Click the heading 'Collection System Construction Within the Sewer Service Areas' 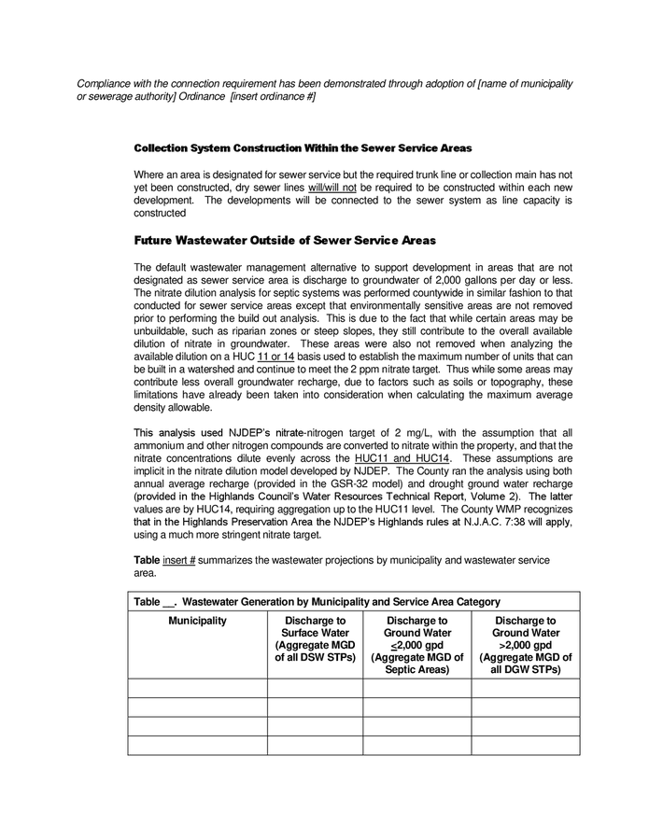pyautogui.click(x=303, y=148)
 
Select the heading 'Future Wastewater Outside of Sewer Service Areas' pyautogui.click(x=285, y=240)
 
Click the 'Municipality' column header pyautogui.click(x=197, y=621)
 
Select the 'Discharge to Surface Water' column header pyautogui.click(x=315, y=639)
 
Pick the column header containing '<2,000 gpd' pyautogui.click(x=416, y=645)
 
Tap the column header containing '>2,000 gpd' pyautogui.click(x=525, y=645)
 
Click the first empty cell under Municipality pyautogui.click(x=197, y=688)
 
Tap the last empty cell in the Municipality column pyautogui.click(x=197, y=745)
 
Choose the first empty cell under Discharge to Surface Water pyautogui.click(x=315, y=688)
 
